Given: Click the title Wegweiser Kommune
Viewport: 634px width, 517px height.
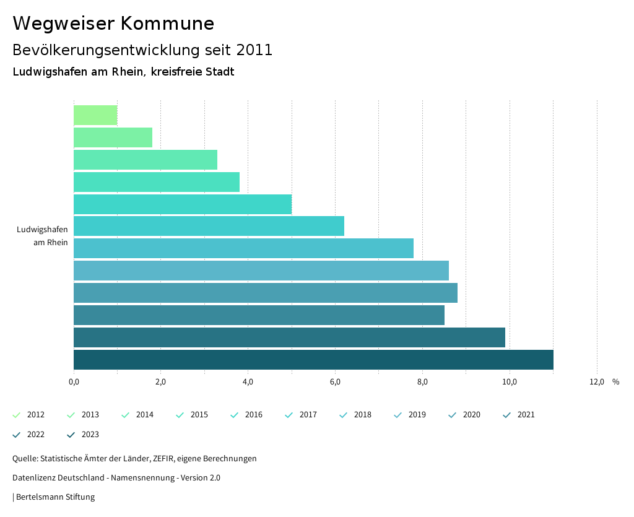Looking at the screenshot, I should pos(113,24).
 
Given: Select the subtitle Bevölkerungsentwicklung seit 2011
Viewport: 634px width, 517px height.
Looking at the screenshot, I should pos(142,50).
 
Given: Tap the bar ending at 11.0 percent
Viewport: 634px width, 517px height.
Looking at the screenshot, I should pos(313,360).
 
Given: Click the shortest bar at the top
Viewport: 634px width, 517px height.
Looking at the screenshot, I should pos(95,115).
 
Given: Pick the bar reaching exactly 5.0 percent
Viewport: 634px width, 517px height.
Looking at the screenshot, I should pos(183,204).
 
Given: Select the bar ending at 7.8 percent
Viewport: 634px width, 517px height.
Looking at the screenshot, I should pos(243,248).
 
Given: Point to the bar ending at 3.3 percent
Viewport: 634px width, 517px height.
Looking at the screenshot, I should pos(145,160).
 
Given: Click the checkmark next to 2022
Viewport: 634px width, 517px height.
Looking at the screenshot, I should pos(17,435).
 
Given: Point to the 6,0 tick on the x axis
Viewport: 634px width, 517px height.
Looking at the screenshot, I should pos(335,381).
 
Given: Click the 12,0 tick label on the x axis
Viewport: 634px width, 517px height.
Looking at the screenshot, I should pos(597,381).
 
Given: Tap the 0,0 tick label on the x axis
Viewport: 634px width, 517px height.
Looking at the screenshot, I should pos(74,381).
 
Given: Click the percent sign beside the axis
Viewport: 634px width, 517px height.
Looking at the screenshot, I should pos(615,381).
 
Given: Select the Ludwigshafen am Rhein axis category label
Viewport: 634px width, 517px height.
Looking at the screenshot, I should pos(42,236).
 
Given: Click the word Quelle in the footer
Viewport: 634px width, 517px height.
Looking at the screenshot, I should pos(24,459).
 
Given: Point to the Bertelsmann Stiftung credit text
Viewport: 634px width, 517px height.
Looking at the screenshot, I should pos(55,497).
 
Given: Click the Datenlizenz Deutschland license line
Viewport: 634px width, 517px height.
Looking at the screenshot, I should pos(116,478).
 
